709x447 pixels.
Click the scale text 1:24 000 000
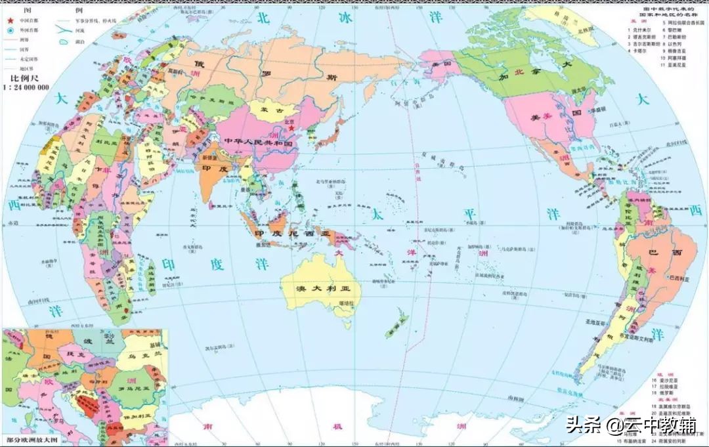click(24, 86)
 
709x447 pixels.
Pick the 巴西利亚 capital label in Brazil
click(679, 278)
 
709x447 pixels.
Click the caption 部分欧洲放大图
click(33, 438)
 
